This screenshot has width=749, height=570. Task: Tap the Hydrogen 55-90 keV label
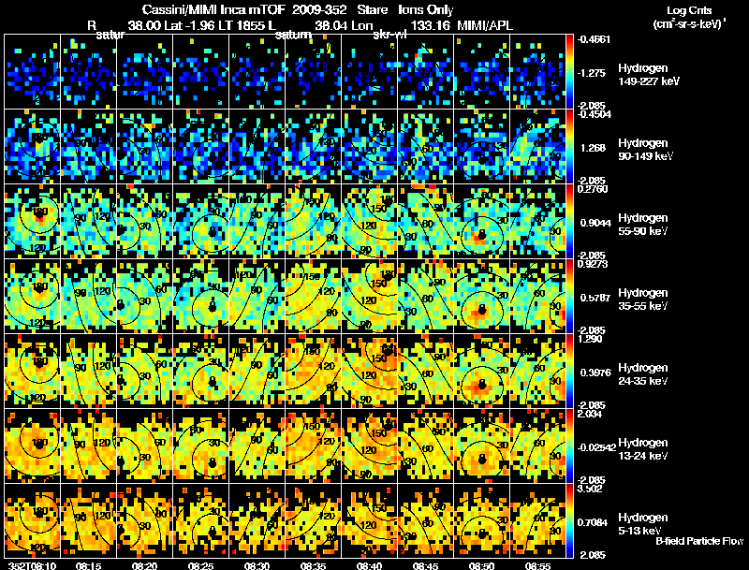pyautogui.click(x=642, y=225)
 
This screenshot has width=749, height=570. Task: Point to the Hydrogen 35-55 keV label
pyautogui.click(x=642, y=299)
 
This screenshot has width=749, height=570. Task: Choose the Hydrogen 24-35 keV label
pyautogui.click(x=642, y=373)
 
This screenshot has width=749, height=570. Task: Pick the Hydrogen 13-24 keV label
pyautogui.click(x=642, y=448)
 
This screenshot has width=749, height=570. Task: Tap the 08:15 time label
pyautogui.click(x=89, y=565)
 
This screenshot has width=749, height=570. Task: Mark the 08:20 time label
pyautogui.click(x=145, y=565)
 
